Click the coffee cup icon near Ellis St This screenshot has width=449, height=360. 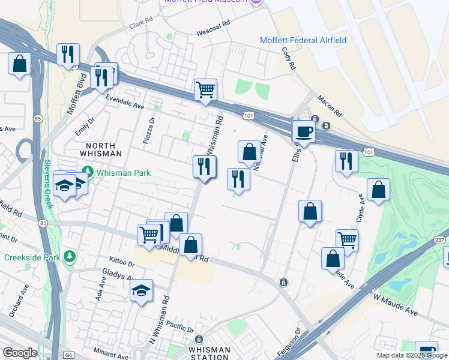[304, 132]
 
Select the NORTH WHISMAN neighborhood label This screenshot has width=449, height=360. [95, 149]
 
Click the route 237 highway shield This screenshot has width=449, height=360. [440, 239]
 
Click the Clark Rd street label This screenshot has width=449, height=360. [142, 26]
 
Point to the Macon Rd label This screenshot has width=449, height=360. [330, 106]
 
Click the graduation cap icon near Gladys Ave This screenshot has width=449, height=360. [141, 290]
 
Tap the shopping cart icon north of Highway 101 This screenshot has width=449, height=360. [205, 90]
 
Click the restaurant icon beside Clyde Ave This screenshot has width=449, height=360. [346, 161]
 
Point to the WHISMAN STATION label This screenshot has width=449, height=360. [209, 353]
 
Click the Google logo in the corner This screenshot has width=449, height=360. [20, 353]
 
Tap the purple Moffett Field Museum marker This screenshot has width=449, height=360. [257, 2]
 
